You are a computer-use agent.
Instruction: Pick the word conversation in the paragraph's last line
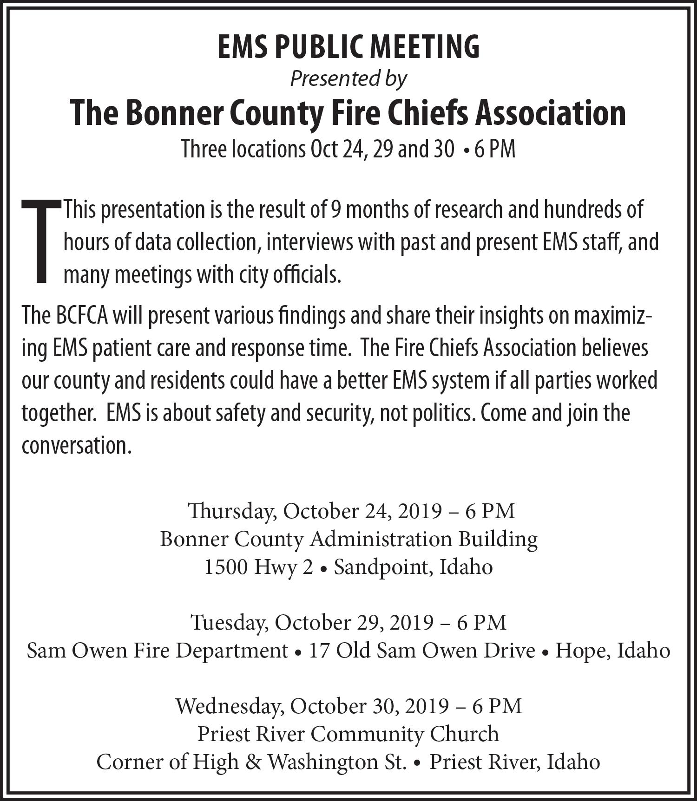click(74, 446)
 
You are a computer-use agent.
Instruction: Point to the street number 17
click(319, 651)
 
